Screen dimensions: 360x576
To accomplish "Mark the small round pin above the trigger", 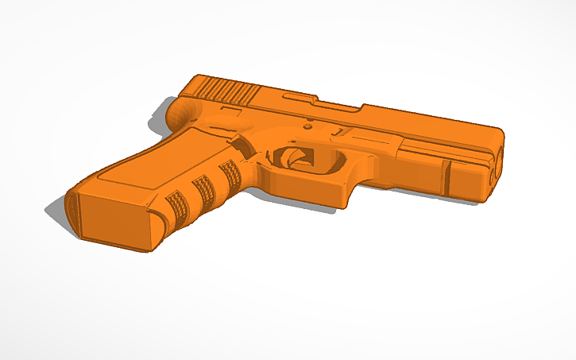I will [308, 125].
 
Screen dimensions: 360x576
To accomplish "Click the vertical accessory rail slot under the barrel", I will [447, 177].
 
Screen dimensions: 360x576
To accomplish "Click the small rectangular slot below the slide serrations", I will [230, 112].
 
